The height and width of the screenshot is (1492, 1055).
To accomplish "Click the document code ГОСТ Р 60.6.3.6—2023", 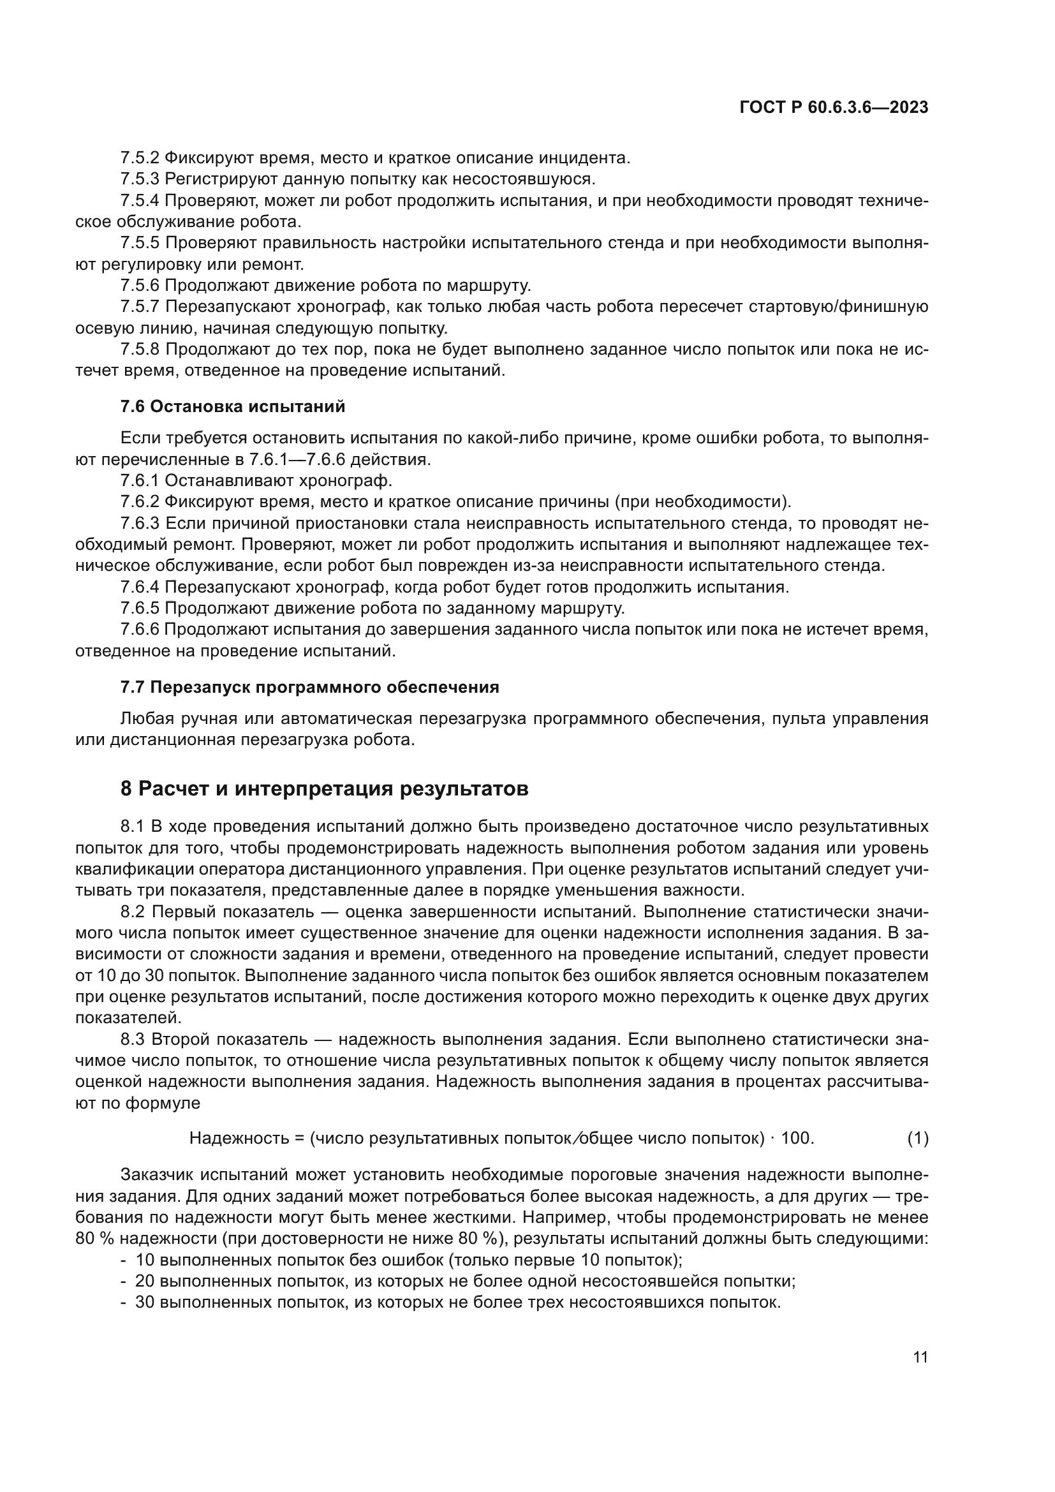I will coord(834,108).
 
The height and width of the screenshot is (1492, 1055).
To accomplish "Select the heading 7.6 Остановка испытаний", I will coord(233,406).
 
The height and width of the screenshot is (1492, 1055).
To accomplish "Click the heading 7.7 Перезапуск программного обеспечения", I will coord(309,687).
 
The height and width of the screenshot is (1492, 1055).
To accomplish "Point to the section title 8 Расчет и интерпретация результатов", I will coord(324,788).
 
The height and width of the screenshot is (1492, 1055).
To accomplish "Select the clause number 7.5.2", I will coord(140,158).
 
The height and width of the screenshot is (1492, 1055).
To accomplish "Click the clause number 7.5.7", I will coord(140,306).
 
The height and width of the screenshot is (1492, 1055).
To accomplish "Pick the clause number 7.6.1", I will coord(140,480).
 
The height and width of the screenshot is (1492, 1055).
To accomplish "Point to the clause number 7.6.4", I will coord(140,587).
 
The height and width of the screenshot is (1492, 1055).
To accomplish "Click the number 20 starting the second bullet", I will coord(144,1281).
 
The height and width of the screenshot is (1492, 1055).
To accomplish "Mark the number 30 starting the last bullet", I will coord(144,1303).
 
